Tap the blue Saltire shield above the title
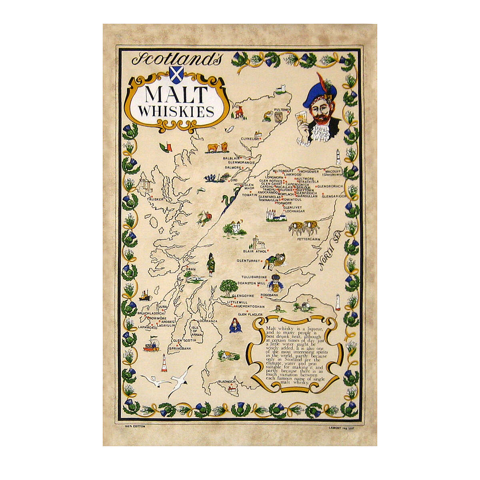176,74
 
